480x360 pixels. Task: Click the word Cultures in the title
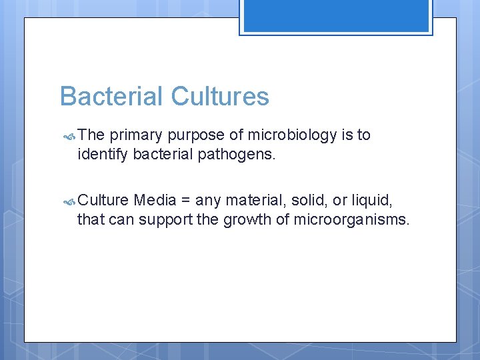220,97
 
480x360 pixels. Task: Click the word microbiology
292,135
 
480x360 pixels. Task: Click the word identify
103,155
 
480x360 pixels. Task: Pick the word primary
136,135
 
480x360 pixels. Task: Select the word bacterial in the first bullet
164,155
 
